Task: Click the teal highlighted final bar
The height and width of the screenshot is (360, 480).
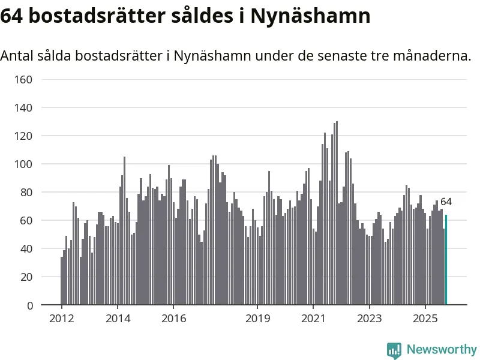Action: coord(446,260)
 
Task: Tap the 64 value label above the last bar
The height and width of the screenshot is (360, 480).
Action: coord(446,202)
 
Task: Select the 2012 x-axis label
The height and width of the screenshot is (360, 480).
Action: coord(62,318)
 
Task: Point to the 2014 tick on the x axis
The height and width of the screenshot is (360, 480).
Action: coord(118,318)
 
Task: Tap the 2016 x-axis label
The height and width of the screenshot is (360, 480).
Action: coord(173,318)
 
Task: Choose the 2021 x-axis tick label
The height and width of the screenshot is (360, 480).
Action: coord(313,318)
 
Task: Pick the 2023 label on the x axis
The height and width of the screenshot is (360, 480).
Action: coord(369,318)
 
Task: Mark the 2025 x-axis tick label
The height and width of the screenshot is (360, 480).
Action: coord(425,318)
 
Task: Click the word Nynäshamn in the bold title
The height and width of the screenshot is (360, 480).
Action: coord(310,16)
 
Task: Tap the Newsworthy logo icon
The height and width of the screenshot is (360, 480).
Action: coord(394,350)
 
